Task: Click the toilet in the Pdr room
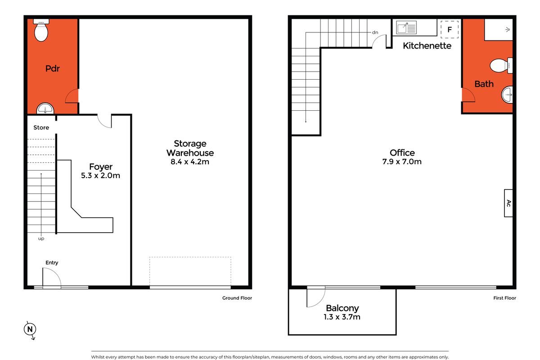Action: [x=41, y=31]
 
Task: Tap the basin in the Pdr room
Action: [x=45, y=108]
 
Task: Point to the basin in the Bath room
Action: [x=507, y=94]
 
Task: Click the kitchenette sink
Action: [x=407, y=28]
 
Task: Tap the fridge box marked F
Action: [x=449, y=29]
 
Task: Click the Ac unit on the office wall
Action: [x=508, y=203]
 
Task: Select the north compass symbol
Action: [x=30, y=330]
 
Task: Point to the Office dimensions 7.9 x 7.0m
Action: [x=402, y=162]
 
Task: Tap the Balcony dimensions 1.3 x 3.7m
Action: [x=342, y=317]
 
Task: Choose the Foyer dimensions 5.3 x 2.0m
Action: [x=100, y=175]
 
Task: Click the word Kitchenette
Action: [x=427, y=45]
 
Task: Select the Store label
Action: [x=41, y=127]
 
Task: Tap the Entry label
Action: [x=52, y=262]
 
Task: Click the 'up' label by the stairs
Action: [x=41, y=238]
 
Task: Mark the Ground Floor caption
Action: [x=237, y=298]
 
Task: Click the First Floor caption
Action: [x=504, y=298]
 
